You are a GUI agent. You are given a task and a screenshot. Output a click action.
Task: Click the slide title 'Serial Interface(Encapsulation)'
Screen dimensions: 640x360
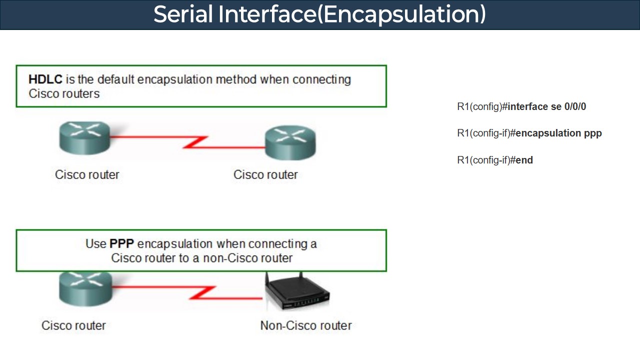point(319,14)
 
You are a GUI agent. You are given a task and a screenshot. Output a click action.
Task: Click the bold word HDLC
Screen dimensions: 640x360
point(45,79)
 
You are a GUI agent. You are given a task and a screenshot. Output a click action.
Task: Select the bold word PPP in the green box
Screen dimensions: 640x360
point(122,244)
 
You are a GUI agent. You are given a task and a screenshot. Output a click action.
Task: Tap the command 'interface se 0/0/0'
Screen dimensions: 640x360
point(546,106)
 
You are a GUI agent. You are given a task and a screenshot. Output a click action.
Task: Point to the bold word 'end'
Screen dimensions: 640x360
point(524,160)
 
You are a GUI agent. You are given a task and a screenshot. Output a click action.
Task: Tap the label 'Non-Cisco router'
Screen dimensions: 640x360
point(306,325)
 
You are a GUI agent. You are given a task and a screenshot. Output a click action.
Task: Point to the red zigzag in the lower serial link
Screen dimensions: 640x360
point(202,293)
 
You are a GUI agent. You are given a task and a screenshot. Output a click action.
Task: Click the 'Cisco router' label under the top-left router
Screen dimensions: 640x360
point(87,175)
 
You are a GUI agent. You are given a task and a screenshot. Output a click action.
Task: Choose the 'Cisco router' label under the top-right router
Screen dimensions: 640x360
point(265,175)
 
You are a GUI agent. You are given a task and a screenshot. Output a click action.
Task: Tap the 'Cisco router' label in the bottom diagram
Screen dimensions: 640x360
point(73,325)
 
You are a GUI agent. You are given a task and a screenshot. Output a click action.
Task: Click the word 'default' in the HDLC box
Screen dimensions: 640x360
point(116,79)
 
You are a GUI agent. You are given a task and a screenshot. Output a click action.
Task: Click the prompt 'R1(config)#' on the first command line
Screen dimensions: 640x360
point(479,106)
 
